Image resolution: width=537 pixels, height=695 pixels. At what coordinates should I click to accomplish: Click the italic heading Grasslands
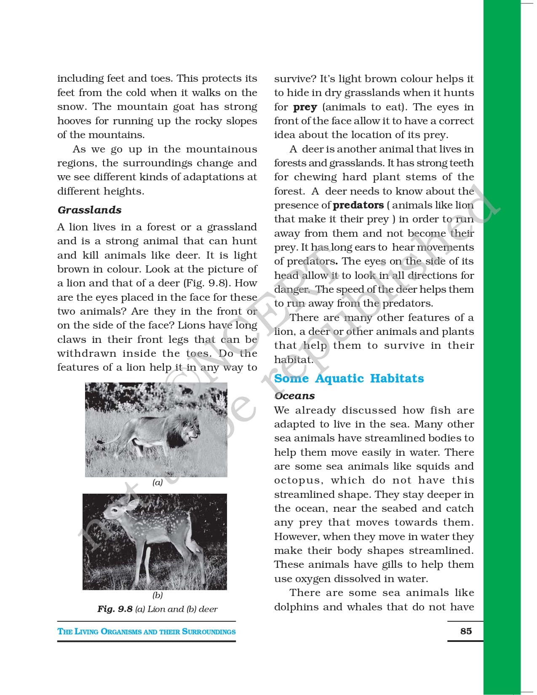[89, 210]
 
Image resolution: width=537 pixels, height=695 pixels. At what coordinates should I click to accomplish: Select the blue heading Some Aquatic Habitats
[349, 378]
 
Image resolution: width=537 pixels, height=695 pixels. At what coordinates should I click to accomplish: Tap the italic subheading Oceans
[294, 396]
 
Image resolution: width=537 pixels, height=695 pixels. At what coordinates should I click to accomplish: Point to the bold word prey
[305, 107]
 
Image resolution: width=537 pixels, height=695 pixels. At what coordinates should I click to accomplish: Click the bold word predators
[358, 205]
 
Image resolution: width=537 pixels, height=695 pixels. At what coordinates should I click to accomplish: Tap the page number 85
[466, 631]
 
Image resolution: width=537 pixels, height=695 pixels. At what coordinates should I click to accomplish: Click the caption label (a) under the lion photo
[158, 483]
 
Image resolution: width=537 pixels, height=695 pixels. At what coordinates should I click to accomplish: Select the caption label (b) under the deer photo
[158, 595]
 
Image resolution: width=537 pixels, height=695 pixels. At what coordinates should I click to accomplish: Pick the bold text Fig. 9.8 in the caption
[115, 609]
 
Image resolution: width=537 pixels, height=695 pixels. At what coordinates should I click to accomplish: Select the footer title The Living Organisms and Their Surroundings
[147, 631]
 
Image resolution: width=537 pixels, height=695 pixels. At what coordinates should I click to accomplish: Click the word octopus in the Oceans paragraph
[298, 481]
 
